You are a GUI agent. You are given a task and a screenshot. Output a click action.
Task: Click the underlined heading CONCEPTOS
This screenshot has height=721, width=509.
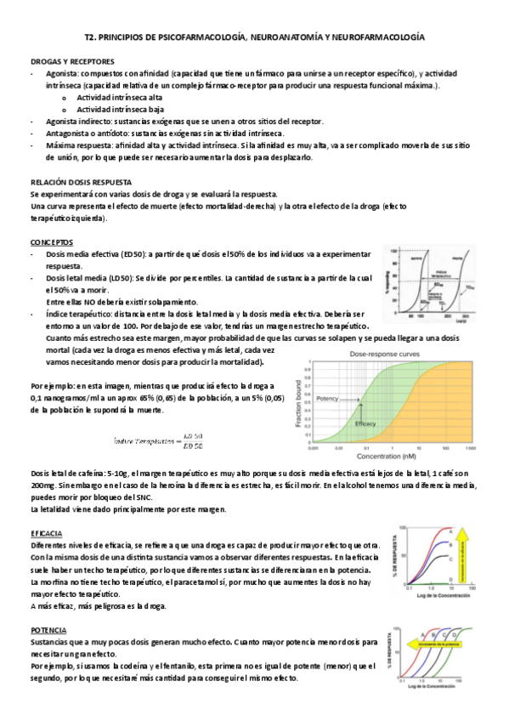(x=51, y=242)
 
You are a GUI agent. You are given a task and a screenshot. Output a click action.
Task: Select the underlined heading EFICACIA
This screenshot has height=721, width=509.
(x=48, y=533)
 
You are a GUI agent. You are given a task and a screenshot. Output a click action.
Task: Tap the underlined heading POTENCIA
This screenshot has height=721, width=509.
(x=49, y=631)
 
